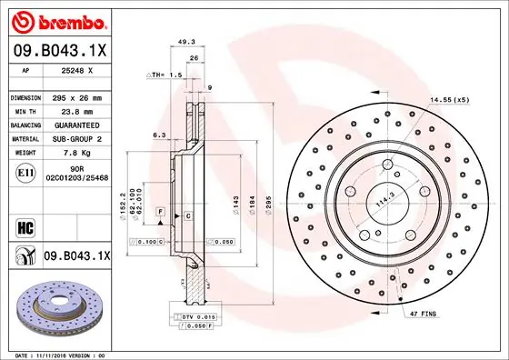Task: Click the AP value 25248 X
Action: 76,71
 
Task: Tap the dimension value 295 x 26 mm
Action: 77,97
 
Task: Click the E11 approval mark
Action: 25,172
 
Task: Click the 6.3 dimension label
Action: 159,135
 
